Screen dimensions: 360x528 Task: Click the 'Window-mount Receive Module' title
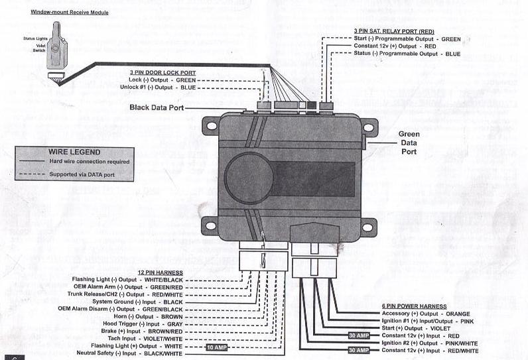[70, 13]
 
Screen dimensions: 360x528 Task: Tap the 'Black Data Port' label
[156, 107]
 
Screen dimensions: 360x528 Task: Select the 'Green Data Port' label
[409, 143]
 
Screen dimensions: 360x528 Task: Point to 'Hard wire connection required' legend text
[89, 161]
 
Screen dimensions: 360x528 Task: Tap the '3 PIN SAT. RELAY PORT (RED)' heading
[393, 31]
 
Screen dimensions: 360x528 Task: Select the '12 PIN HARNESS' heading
[160, 272]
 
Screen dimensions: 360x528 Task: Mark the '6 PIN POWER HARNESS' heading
[415, 306]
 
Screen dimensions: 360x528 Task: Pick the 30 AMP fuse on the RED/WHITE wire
[358, 350]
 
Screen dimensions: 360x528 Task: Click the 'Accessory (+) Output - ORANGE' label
[425, 314]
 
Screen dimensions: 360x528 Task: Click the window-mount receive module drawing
[58, 49]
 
